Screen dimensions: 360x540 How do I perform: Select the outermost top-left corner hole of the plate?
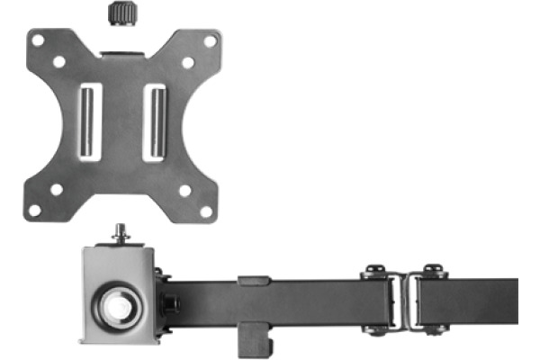point(36,40)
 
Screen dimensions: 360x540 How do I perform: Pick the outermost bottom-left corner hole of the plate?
point(35,211)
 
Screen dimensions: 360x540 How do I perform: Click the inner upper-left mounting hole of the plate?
point(58,63)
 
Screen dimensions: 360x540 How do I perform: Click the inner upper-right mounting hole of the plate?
point(187,63)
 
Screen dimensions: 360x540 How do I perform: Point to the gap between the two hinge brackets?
point(402,301)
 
